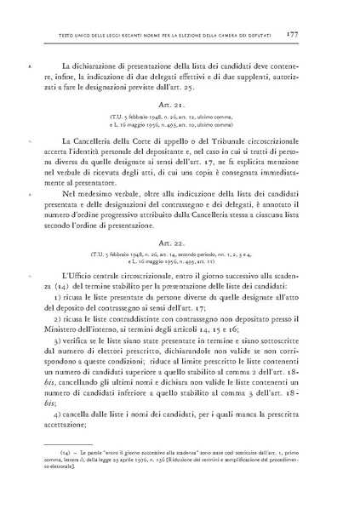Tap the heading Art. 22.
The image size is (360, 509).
pos(180,243)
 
